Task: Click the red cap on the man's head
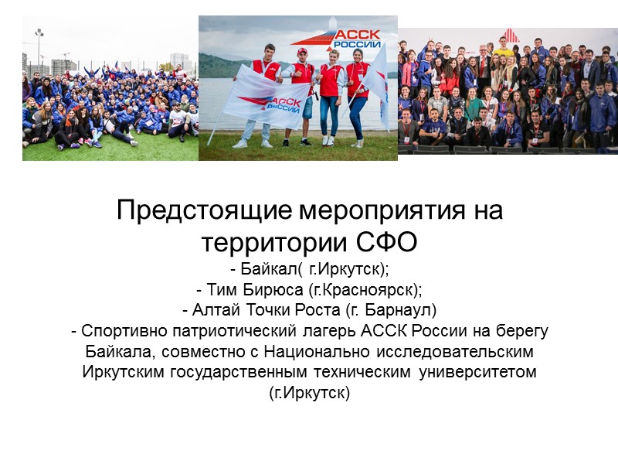(x=302, y=52)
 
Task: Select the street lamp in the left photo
(x=39, y=46)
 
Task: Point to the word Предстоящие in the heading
(x=204, y=210)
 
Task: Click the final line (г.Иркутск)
(x=309, y=393)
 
